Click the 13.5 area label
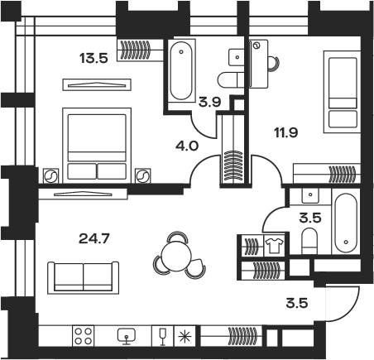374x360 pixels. [93, 58]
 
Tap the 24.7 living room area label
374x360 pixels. [94, 238]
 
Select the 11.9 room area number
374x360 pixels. [286, 132]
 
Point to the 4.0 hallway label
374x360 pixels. [187, 146]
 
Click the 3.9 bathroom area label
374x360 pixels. [210, 103]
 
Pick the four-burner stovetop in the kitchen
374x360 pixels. [84, 336]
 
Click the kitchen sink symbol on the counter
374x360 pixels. [127, 336]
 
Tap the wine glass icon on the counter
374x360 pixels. [163, 336]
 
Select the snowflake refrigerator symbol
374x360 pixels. [185, 336]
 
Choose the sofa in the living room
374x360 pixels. [83, 277]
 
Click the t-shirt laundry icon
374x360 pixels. [274, 245]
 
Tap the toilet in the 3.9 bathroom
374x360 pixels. [231, 79]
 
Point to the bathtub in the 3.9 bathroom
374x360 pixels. [181, 70]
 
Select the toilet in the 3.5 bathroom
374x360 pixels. [309, 241]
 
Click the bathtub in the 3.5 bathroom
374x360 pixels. [346, 223]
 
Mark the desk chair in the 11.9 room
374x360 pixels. [274, 64]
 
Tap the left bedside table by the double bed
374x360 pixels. [50, 175]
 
